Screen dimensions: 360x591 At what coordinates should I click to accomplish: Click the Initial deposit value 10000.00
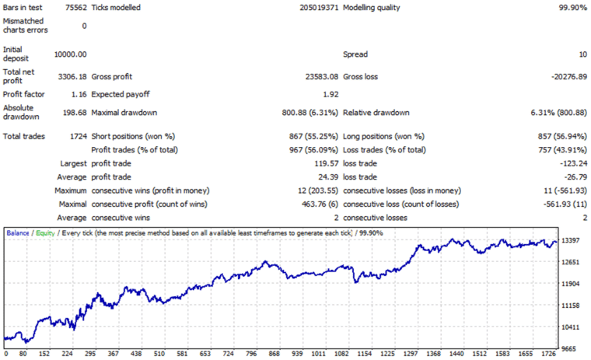(x=70, y=54)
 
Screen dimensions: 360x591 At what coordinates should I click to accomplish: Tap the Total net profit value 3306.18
(x=72, y=77)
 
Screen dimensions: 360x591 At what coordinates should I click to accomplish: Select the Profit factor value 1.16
(x=79, y=94)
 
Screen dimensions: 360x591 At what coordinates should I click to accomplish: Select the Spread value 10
(x=582, y=54)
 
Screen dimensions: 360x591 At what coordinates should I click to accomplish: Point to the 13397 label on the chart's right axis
(x=572, y=242)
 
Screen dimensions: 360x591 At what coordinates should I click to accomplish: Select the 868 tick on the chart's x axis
(x=274, y=354)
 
